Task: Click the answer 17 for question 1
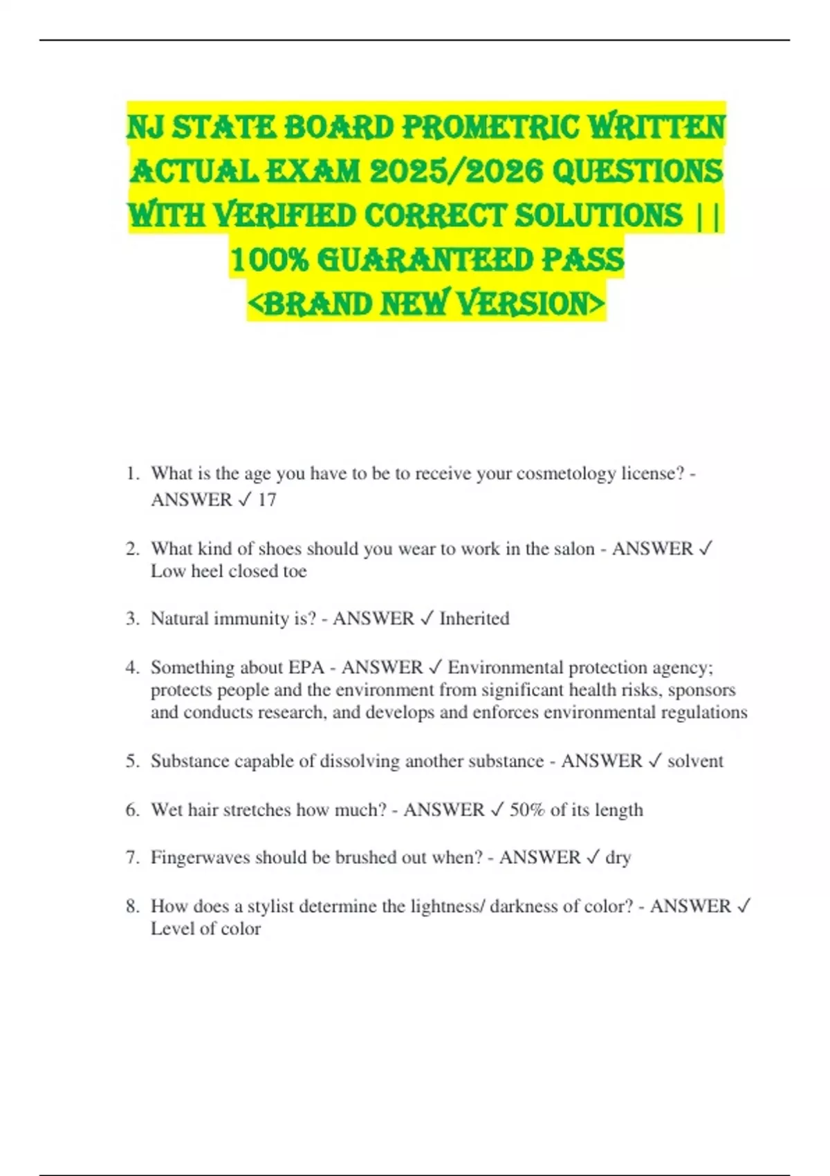[267, 499]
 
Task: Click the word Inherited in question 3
[474, 618]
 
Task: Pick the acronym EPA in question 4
[306, 667]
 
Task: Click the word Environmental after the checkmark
[506, 667]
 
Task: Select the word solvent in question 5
[695, 761]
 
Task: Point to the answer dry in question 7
[618, 858]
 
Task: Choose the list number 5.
[132, 761]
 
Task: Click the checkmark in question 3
[427, 618]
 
